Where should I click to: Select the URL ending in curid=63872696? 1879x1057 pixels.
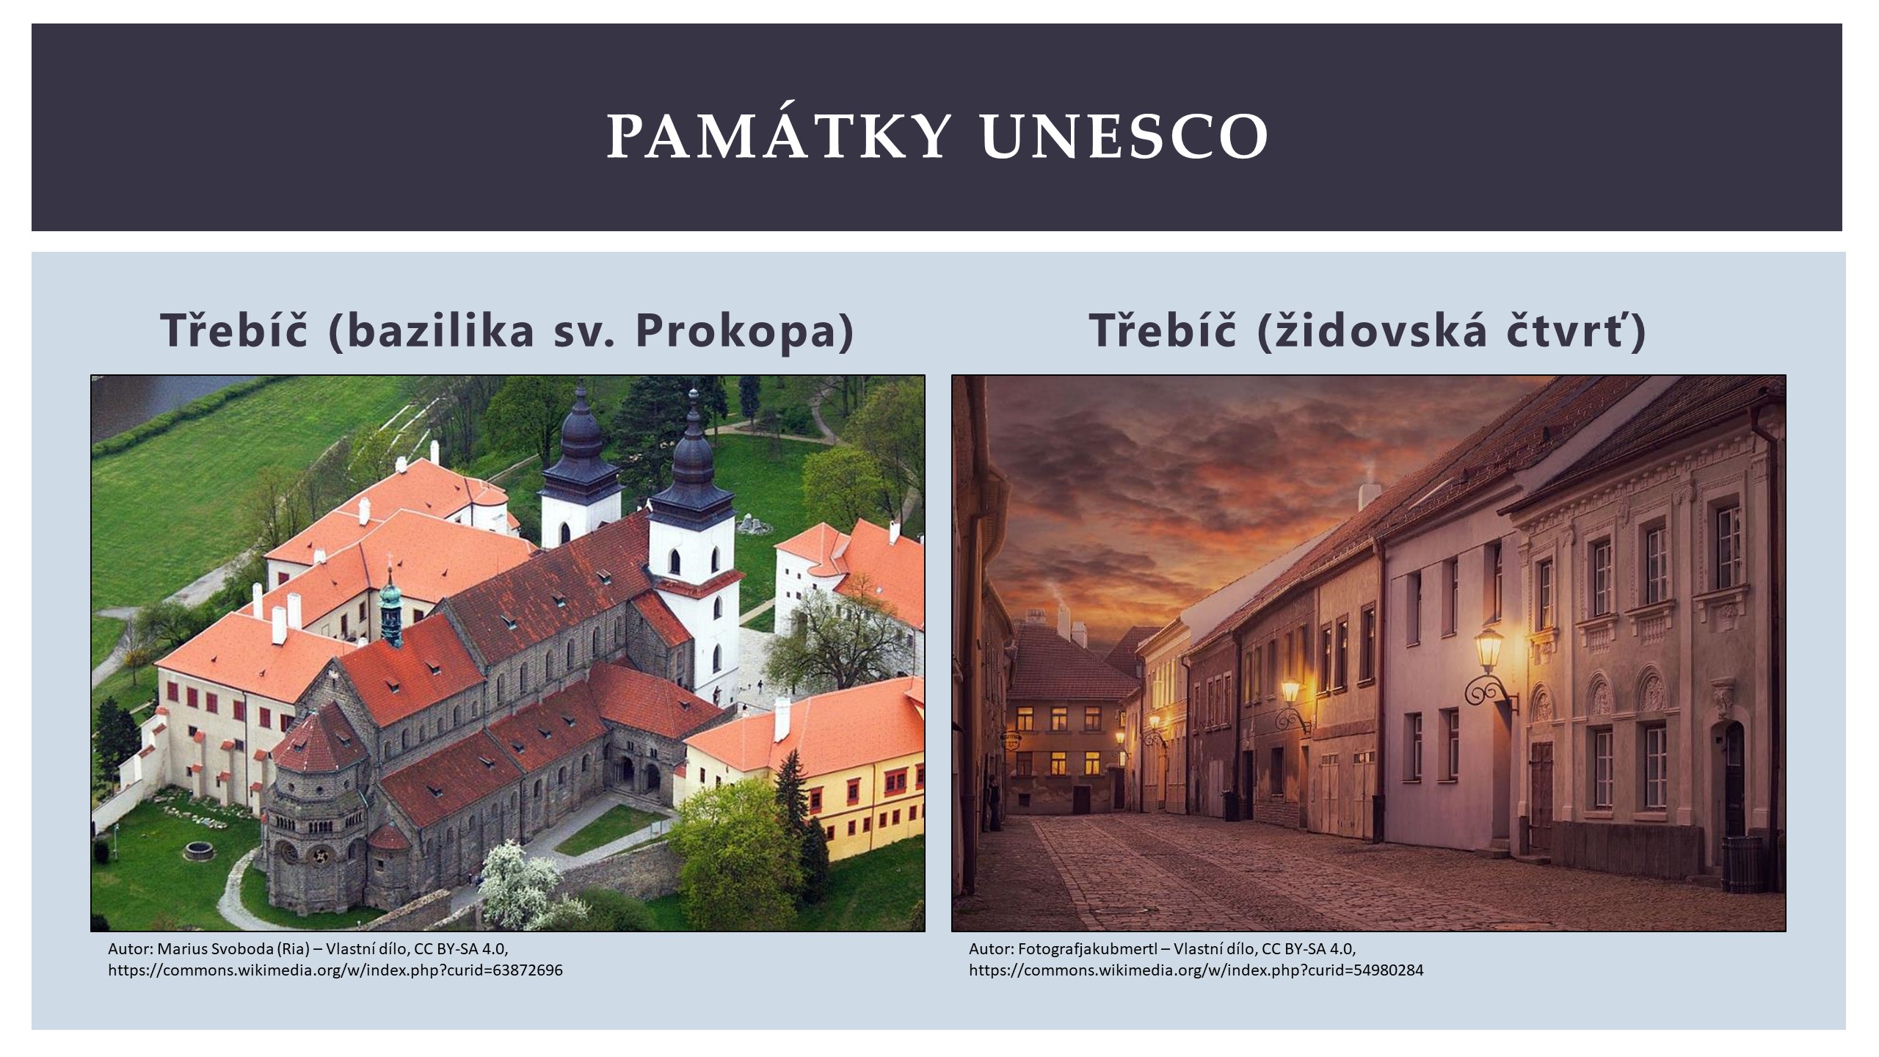tap(335, 970)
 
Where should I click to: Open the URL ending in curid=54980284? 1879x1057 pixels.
tap(1196, 970)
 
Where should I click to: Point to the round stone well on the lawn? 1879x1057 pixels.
tap(197, 851)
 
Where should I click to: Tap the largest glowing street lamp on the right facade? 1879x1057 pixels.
tap(1488, 650)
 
